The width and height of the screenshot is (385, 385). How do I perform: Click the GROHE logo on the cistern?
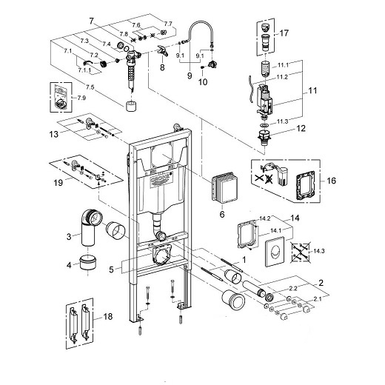click(x=160, y=179)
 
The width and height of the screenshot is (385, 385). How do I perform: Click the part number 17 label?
click(x=284, y=33)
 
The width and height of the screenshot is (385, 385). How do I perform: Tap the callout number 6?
click(x=222, y=214)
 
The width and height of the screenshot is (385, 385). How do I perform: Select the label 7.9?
click(x=81, y=98)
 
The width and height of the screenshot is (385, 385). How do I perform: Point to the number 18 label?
click(x=107, y=316)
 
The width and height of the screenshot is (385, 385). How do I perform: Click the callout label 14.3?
click(x=319, y=251)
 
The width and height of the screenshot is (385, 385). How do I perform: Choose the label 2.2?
click(x=293, y=288)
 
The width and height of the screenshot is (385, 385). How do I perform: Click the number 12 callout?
click(x=301, y=128)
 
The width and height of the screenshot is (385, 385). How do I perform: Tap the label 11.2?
click(x=282, y=77)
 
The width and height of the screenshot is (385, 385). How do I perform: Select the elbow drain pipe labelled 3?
click(x=90, y=227)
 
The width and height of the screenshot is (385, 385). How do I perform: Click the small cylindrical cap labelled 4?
click(x=88, y=263)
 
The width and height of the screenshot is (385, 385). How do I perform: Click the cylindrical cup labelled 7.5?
click(x=131, y=106)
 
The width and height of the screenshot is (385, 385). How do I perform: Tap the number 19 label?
click(x=58, y=183)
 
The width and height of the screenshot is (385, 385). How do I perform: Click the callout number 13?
click(x=54, y=135)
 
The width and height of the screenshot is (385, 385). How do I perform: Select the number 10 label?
click(x=203, y=81)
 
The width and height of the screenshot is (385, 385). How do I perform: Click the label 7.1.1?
click(x=84, y=70)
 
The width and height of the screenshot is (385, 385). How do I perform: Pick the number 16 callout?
click(x=331, y=181)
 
